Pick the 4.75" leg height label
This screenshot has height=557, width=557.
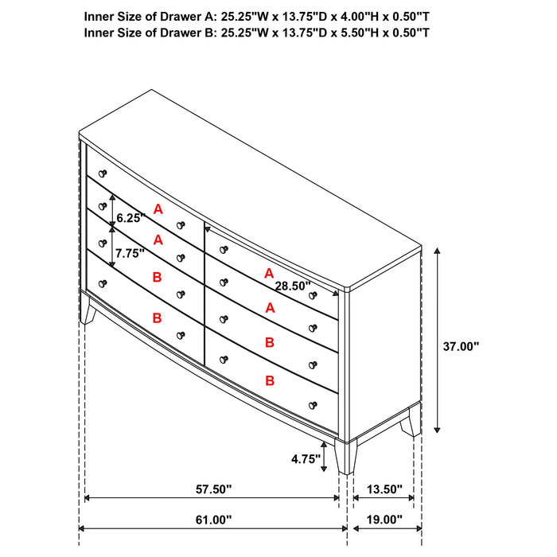[x=306, y=458]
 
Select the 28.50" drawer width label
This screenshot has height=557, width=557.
[x=293, y=286]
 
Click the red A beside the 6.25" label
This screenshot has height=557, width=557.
[x=158, y=208]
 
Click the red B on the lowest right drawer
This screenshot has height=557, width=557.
[x=270, y=380]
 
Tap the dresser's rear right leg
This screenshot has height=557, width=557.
[x=411, y=422]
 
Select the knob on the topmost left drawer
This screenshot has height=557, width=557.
[x=102, y=173]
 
